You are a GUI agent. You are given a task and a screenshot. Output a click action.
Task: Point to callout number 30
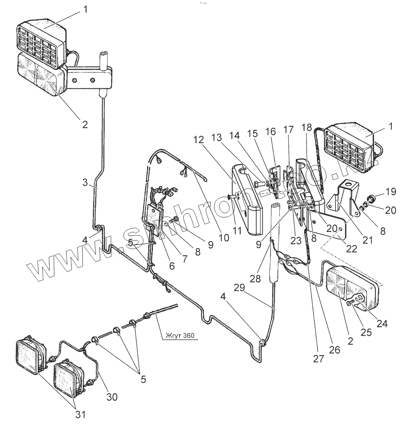coord(113,397)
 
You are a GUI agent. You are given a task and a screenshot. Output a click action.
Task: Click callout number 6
coord(171,266)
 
